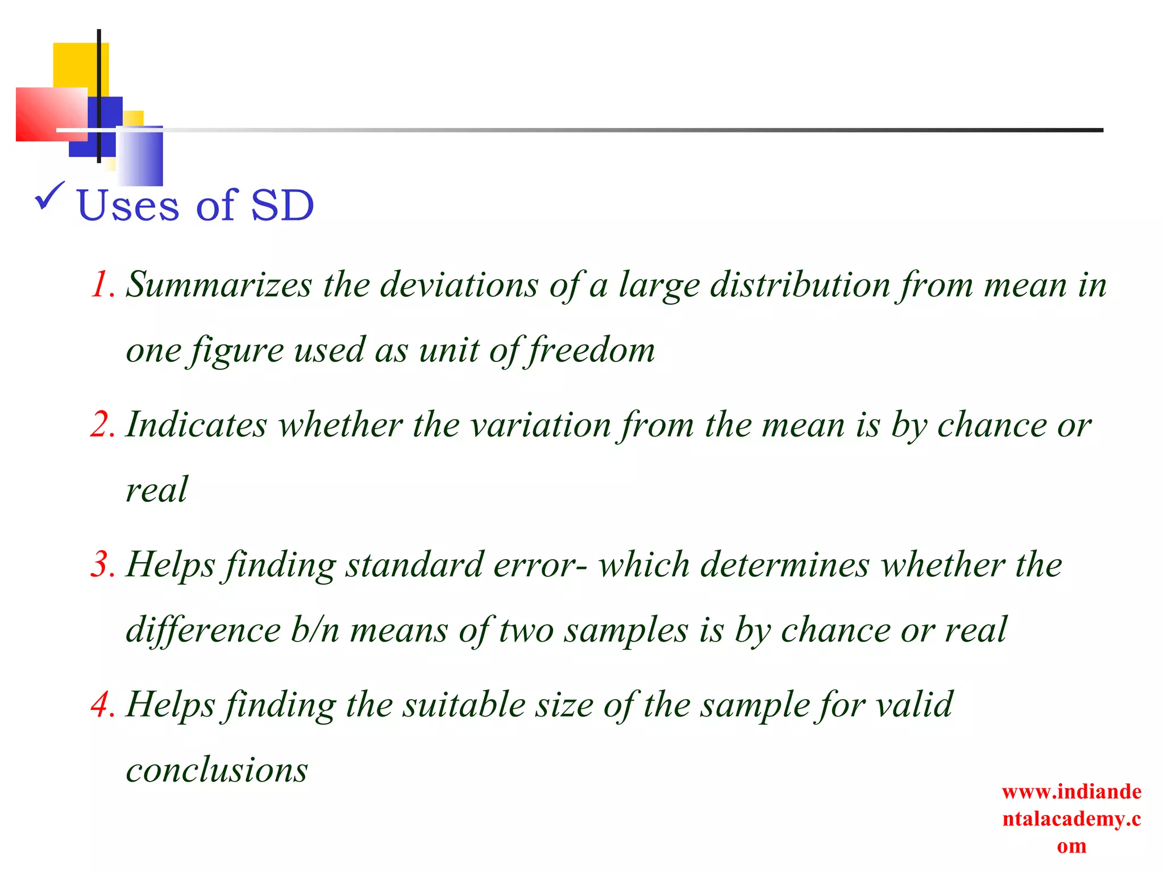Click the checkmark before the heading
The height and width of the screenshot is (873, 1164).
coord(50,196)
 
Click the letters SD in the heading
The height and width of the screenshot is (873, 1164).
coord(282,205)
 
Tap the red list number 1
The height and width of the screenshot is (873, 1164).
coord(102,284)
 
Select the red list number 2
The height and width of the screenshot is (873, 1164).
coord(103,425)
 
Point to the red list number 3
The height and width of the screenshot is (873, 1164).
coord(103,564)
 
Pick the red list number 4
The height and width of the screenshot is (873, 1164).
coord(103,704)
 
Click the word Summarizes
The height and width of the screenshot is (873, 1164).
coord(219,284)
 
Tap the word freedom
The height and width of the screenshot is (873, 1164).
coord(592,350)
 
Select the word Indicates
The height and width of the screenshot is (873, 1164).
coord(196,425)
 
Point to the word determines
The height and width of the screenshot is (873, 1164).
coord(784,564)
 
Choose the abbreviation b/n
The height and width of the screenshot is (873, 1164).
coord(315,630)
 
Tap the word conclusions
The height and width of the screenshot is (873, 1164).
coord(217,770)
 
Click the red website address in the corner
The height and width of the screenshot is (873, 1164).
coord(1071,818)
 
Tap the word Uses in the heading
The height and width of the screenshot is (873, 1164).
coord(128,205)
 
